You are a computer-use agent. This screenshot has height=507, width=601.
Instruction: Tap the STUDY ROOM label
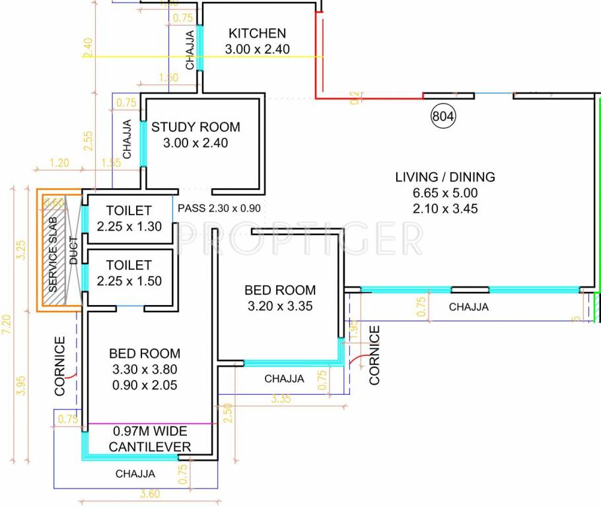point(196,127)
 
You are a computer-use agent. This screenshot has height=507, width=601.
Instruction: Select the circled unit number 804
point(443,116)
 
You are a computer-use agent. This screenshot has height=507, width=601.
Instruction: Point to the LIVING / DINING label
point(445,177)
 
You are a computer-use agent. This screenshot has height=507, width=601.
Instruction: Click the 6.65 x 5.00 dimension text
point(445,193)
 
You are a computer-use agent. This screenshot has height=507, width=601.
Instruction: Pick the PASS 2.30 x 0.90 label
point(220,208)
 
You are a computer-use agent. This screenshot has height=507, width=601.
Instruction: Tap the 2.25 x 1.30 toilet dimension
point(129,227)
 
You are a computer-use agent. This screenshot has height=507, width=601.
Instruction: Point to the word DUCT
point(74,251)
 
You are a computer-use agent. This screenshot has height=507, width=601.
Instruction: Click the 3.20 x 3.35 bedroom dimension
point(280,306)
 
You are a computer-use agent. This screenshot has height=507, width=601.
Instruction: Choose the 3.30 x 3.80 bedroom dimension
point(144,370)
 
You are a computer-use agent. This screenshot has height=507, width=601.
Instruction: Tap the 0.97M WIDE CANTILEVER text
point(150,439)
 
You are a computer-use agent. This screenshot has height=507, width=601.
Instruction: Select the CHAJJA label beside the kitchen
point(190,48)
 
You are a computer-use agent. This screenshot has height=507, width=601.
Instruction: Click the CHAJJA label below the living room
point(469,307)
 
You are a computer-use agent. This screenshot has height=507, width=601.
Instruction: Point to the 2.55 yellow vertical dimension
point(88,141)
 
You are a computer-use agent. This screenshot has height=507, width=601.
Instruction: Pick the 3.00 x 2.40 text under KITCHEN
point(257,50)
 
